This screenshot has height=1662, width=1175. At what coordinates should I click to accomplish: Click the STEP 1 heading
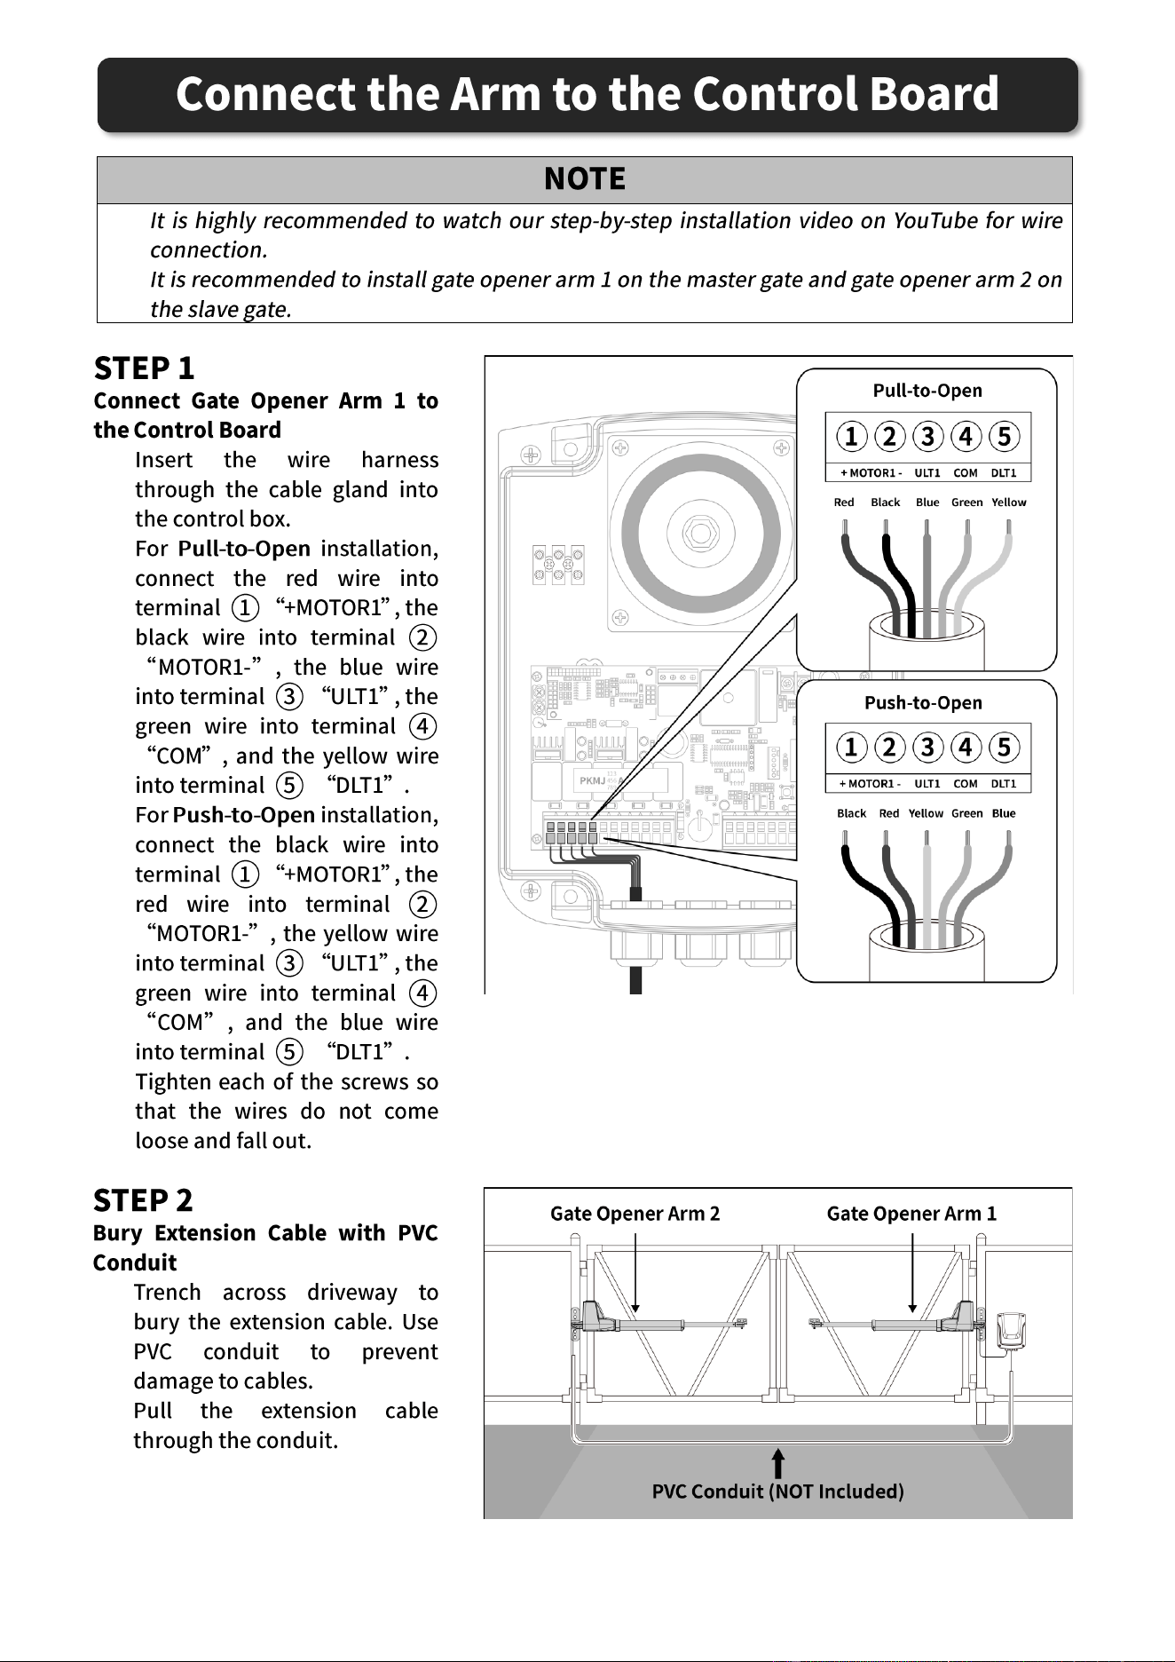144,368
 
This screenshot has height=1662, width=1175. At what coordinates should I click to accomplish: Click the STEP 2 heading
143,1200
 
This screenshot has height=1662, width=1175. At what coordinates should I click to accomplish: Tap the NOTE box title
585,179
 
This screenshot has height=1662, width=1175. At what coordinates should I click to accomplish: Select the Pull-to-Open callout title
927,391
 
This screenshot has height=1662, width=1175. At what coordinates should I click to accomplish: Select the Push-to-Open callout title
924,703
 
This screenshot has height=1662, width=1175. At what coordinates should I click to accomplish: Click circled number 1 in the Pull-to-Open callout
851,436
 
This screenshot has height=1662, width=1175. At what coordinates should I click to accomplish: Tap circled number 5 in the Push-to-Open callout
1004,747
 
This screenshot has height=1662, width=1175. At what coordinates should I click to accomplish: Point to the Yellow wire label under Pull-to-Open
1009,503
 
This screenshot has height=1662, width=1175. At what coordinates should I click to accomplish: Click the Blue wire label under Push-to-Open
1004,813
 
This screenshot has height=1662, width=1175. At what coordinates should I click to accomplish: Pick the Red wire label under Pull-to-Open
844,503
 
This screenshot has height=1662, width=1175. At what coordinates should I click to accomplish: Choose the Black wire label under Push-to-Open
851,813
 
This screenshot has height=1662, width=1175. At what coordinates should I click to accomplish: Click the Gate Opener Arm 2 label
635,1214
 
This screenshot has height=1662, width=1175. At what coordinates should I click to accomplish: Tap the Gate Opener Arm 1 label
911,1214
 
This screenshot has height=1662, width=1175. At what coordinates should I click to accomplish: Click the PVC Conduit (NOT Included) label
778,1492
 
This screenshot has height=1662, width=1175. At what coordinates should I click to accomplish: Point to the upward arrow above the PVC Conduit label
778,1464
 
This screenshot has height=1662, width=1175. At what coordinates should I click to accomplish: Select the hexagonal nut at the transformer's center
700,534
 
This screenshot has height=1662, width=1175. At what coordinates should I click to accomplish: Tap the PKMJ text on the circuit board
592,780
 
